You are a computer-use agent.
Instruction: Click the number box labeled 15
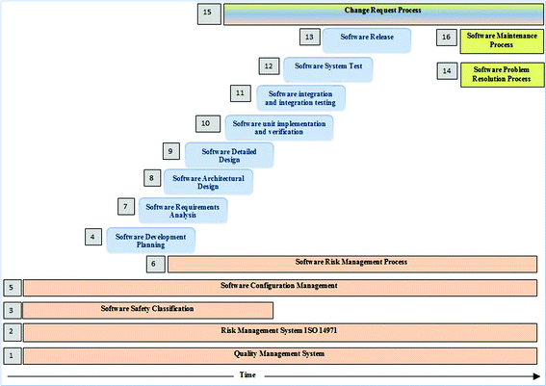pos(208,13)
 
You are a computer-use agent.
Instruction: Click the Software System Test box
pos(328,68)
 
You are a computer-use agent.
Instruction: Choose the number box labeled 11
pos(240,93)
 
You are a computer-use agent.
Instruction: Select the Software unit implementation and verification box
pos(277,126)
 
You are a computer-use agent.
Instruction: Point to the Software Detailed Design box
pos(228,154)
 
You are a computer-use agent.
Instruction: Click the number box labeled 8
pos(151,178)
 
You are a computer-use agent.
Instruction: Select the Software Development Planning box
pos(150,240)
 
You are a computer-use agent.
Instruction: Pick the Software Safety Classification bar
pos(147,309)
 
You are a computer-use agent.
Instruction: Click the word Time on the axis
pos(247,374)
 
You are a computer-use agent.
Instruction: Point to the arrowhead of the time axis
pos(534,374)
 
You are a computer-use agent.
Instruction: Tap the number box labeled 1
pos(11,355)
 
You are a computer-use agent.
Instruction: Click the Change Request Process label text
pos(382,11)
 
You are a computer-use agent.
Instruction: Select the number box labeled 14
pos(445,71)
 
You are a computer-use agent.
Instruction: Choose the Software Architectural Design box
pos(208,182)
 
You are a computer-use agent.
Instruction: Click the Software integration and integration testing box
pos(300,97)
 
